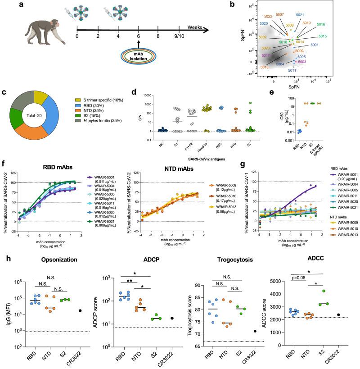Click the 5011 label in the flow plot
tap(292, 71)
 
